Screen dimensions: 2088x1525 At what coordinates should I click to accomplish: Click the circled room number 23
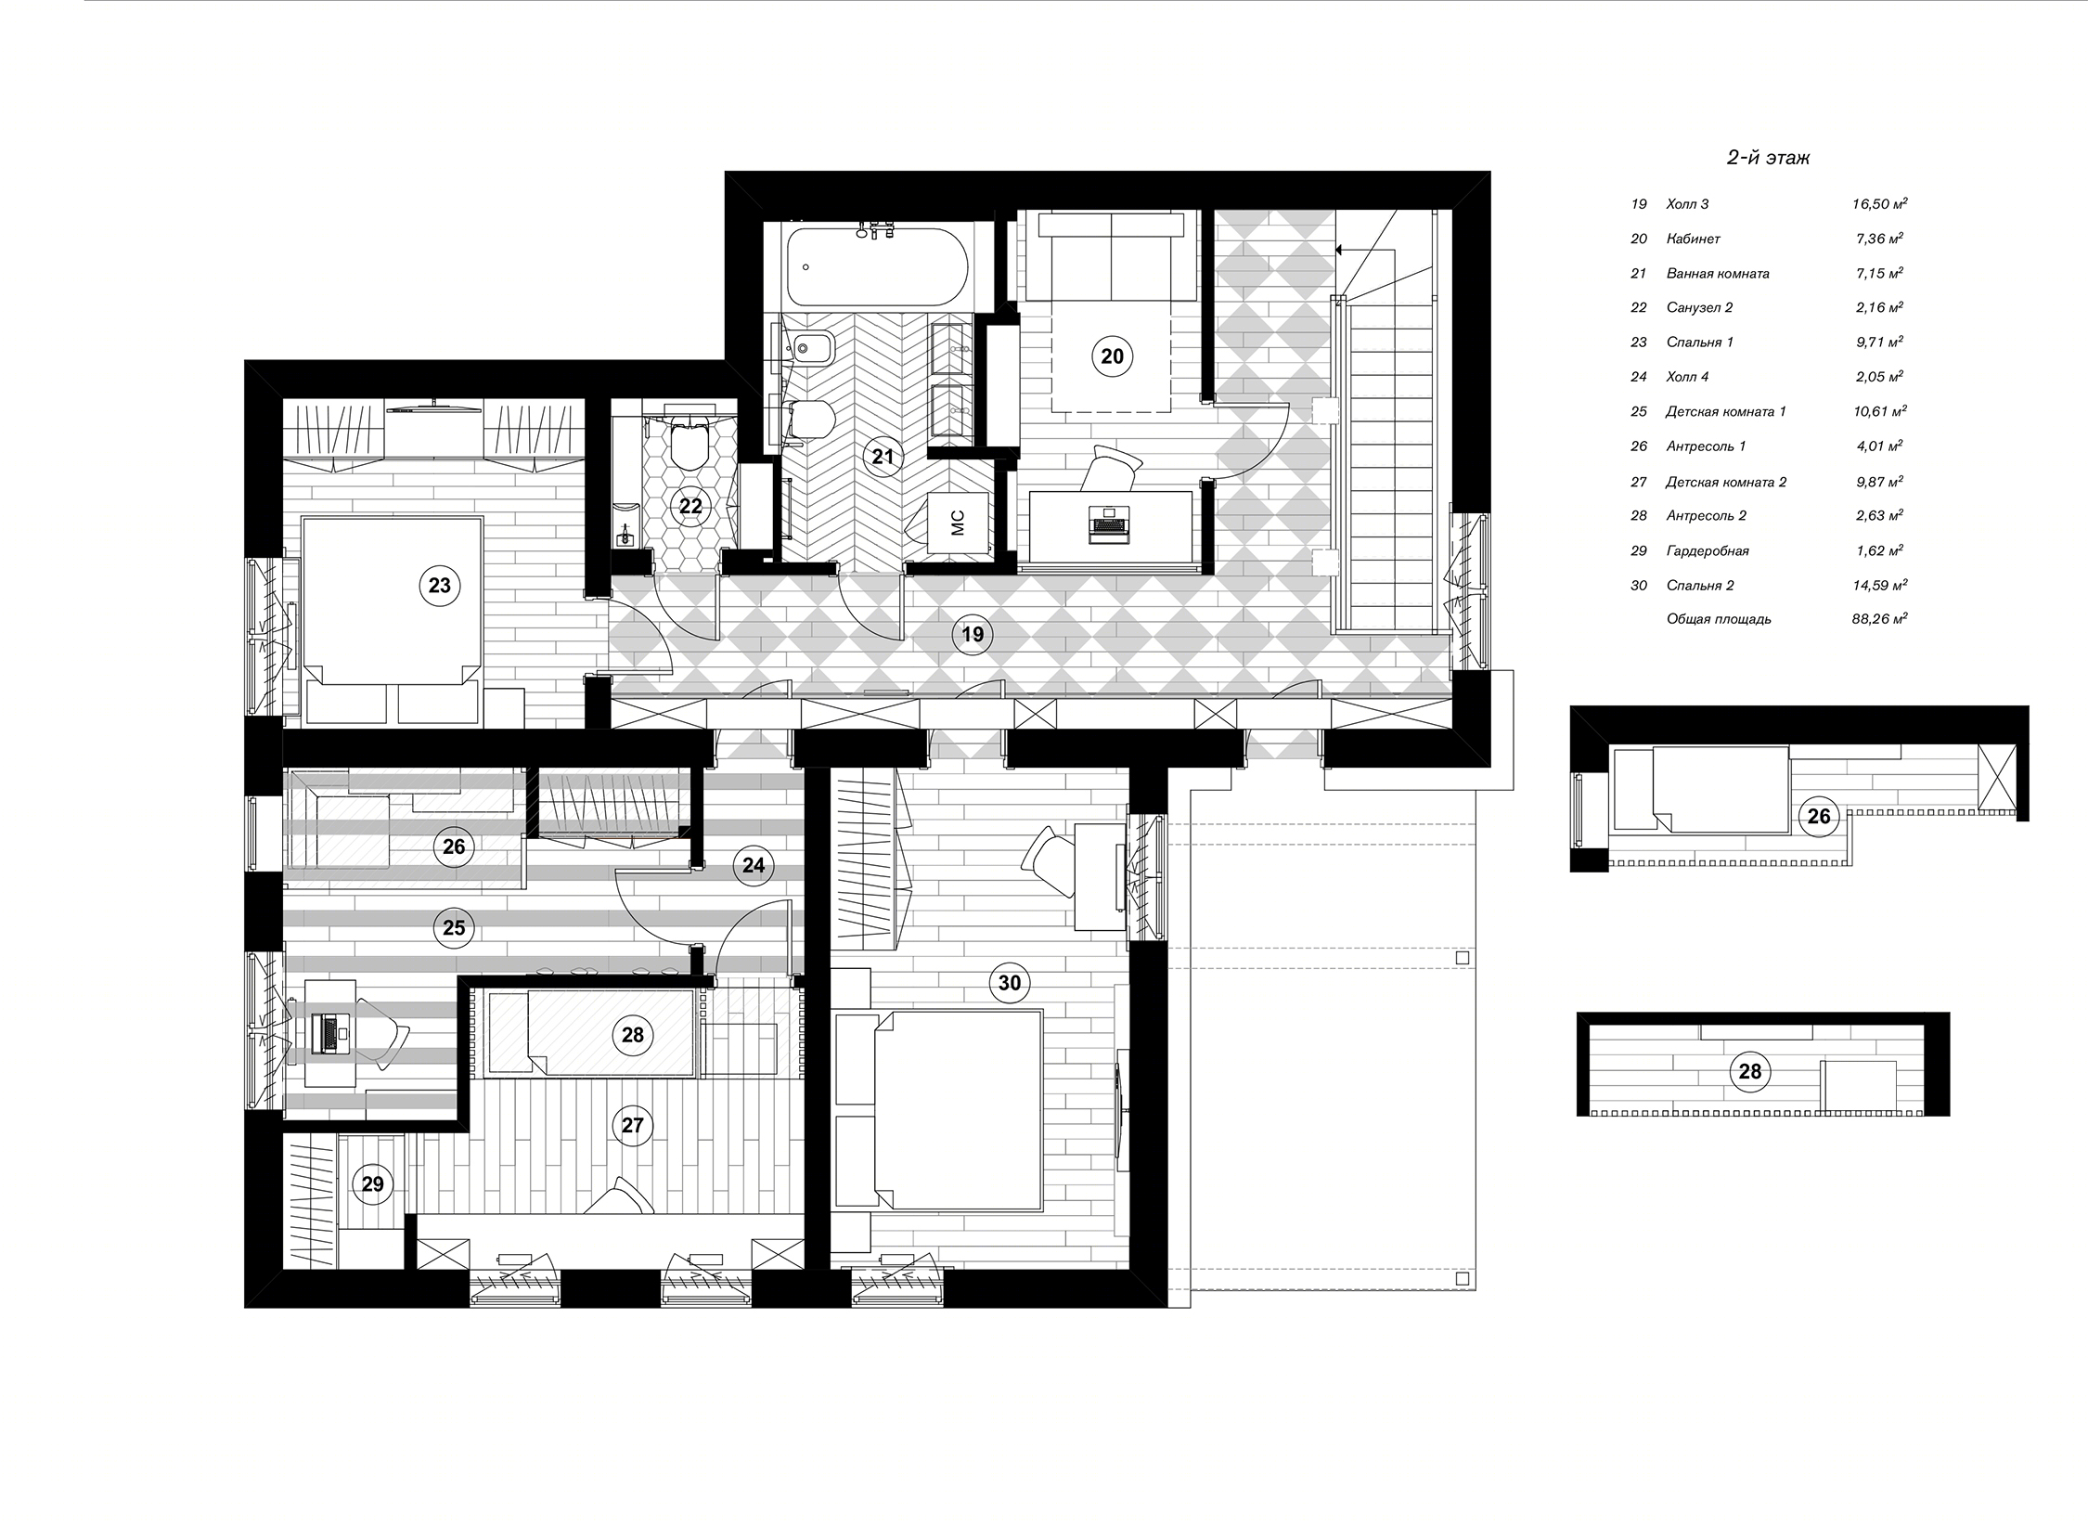(x=439, y=586)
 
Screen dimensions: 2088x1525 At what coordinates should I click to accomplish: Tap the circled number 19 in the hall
(x=972, y=635)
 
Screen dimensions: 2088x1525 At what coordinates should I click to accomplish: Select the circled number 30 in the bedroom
(x=1009, y=982)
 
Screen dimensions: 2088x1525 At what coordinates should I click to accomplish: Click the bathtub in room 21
(x=877, y=266)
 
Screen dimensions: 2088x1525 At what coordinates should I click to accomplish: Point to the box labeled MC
(x=958, y=523)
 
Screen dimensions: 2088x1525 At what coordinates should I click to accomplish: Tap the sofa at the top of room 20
(x=1111, y=255)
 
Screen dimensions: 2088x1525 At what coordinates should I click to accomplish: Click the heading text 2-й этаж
(x=1768, y=158)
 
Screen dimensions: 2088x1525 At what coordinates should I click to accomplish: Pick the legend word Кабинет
(x=1693, y=239)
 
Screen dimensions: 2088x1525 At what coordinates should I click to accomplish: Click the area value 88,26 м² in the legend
(x=1879, y=618)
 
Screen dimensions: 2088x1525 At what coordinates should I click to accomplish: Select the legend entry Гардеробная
(x=1708, y=550)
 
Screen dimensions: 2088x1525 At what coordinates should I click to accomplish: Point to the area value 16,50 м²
(x=1879, y=204)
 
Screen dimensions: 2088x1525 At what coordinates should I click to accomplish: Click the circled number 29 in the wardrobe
(x=372, y=1184)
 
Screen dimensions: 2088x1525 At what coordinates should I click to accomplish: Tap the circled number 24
(x=754, y=865)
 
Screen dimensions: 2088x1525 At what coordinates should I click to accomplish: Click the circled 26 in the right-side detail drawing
(x=1819, y=816)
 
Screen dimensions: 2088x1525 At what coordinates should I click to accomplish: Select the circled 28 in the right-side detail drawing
(x=1749, y=1072)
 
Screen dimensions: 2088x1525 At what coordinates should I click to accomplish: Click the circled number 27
(x=632, y=1126)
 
